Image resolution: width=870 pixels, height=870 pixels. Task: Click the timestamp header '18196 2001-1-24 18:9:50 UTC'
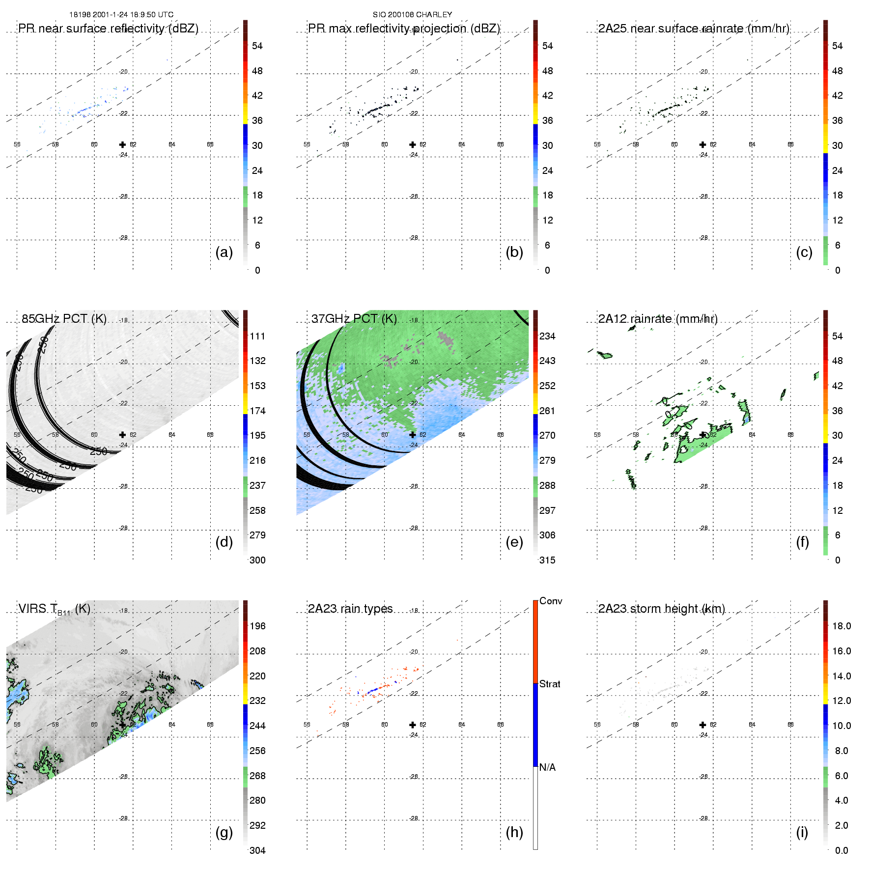(121, 15)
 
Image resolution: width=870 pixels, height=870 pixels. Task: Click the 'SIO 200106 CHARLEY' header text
(412, 15)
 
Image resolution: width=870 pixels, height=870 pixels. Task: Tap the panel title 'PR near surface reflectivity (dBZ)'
(108, 28)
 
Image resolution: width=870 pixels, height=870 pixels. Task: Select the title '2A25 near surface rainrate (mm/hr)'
(694, 28)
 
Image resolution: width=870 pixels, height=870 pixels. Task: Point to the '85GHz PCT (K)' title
(64, 319)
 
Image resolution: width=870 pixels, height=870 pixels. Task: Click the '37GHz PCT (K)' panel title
(354, 319)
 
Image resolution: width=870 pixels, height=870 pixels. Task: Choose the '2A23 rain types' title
(350, 609)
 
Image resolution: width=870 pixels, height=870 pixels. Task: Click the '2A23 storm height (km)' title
(661, 609)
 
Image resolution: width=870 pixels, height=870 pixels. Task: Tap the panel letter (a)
(224, 252)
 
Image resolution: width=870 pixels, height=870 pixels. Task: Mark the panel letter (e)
(514, 542)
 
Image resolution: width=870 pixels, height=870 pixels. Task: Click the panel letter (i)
(802, 832)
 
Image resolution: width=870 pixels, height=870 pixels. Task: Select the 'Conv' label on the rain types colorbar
(551, 601)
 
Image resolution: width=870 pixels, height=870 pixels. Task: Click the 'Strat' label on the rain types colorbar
(550, 684)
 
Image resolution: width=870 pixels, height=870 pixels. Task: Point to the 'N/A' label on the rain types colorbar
(547, 767)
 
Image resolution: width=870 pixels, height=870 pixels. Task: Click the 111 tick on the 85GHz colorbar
(257, 336)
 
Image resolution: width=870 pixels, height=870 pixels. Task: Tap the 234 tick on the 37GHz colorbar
(547, 336)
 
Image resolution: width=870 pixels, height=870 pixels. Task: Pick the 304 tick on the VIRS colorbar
(257, 850)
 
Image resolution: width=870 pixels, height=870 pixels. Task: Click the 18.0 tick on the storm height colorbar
(842, 626)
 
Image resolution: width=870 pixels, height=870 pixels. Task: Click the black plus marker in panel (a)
(122, 144)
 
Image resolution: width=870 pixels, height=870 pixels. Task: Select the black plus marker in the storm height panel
(703, 725)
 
